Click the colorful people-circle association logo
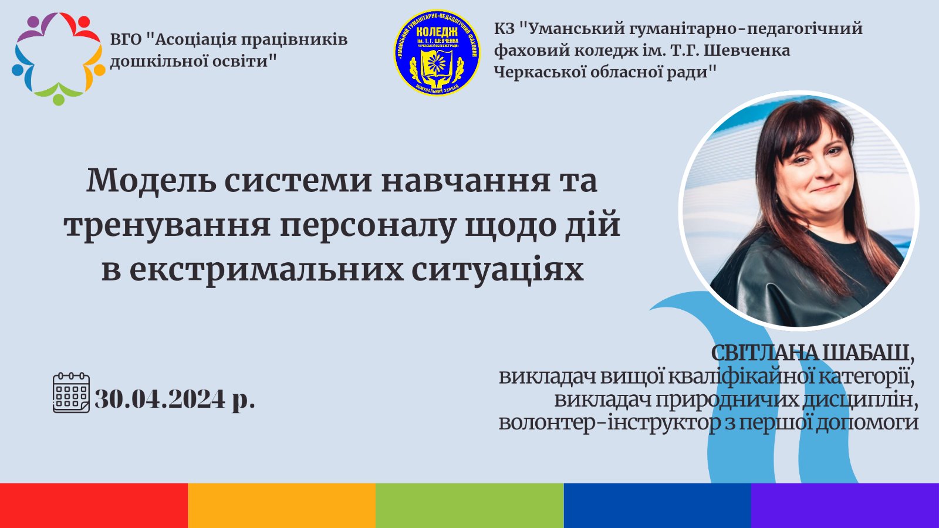(x=58, y=59)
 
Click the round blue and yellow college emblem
(x=437, y=53)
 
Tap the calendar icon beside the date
(x=71, y=392)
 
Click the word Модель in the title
(x=150, y=181)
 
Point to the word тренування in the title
(x=167, y=226)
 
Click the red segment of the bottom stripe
(x=94, y=505)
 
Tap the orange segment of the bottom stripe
(x=282, y=505)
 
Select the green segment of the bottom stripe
(x=469, y=505)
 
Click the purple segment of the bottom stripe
(x=845, y=505)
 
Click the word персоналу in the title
(x=367, y=226)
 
